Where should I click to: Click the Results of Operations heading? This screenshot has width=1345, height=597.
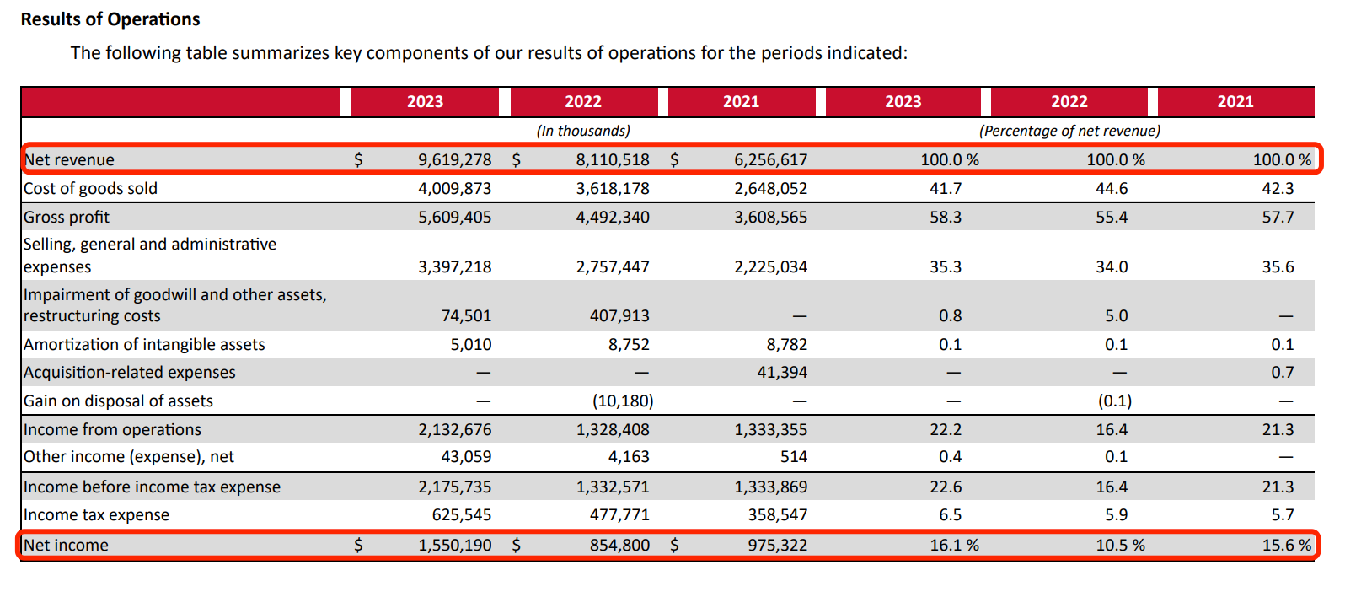coord(110,19)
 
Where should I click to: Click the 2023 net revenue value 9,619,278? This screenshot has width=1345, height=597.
coord(454,159)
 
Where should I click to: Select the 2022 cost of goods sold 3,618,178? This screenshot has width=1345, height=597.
coord(613,188)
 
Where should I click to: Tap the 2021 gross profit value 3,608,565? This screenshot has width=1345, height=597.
coord(770,217)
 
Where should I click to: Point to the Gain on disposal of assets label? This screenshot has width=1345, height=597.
coord(118,401)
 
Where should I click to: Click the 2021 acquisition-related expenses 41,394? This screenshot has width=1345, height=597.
coord(781,372)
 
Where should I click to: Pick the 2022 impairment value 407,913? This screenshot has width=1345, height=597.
coord(619,315)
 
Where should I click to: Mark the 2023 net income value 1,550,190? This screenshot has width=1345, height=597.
coord(454,545)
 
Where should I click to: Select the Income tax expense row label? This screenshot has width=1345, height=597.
coord(96,514)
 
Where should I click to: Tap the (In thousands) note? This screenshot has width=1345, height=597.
coord(583,131)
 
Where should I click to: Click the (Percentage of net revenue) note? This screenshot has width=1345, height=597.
coord(1069,131)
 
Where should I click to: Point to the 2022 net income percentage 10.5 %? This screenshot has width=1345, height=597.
coord(1120,545)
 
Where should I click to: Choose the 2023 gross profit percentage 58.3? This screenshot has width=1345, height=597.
coord(946,217)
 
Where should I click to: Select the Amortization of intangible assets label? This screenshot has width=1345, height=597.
coord(144,344)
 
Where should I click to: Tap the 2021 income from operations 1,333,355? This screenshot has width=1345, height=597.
coord(770,429)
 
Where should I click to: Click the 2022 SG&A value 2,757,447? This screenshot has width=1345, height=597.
coord(613,266)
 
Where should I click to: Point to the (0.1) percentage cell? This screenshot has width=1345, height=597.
coord(1114,401)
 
